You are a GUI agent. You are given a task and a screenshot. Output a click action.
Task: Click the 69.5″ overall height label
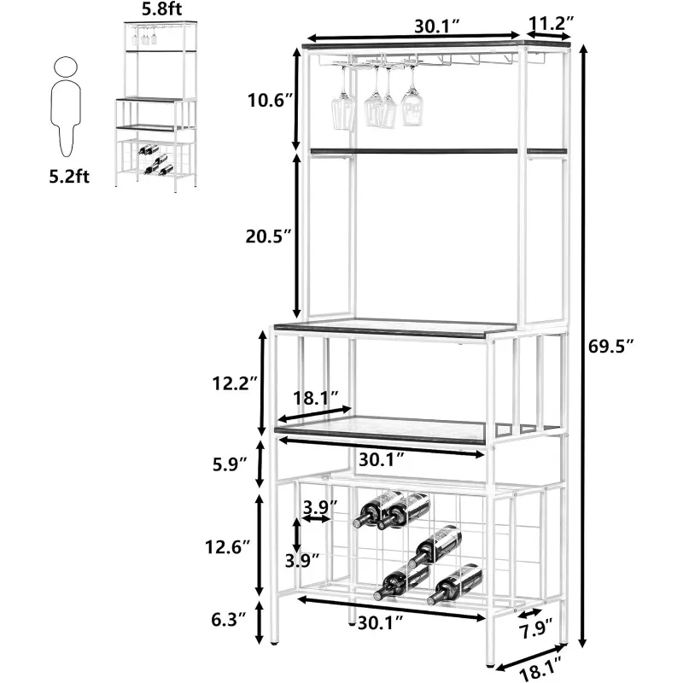click(x=614, y=346)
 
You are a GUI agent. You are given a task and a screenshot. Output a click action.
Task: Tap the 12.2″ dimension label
click(x=235, y=384)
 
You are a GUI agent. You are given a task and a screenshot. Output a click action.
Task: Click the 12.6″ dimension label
click(x=235, y=544)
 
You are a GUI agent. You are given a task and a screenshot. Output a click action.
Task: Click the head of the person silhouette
click(x=64, y=68)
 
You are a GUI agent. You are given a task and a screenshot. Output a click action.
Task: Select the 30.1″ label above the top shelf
click(x=435, y=26)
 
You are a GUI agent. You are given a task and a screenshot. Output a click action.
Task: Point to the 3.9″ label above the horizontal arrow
click(x=321, y=507)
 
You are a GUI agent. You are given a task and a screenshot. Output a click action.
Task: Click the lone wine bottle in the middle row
click(x=435, y=544)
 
